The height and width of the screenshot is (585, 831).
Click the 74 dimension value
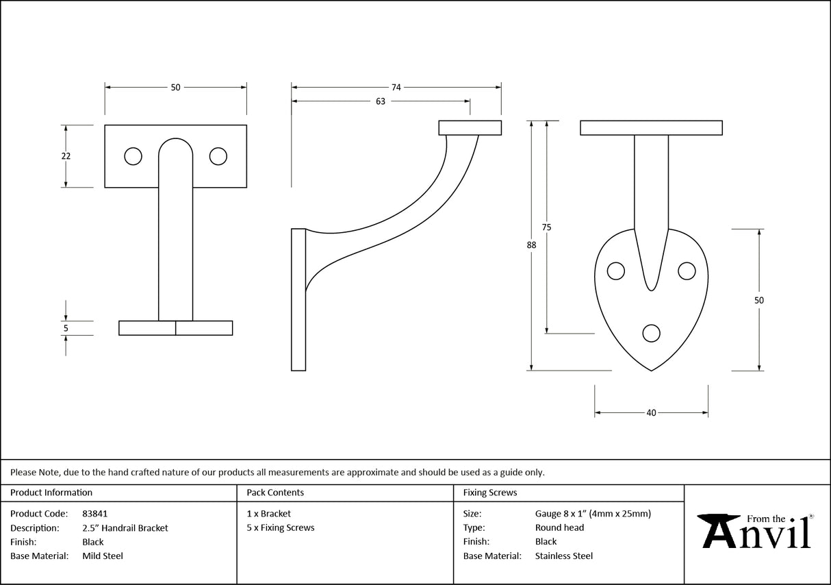coord(396,87)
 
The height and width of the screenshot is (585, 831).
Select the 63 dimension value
coord(381,101)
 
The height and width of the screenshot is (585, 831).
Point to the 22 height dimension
coord(66,156)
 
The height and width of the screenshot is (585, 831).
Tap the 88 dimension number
coord(531,245)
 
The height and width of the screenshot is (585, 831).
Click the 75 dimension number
coord(546,227)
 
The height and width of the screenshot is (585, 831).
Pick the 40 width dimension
coord(651,413)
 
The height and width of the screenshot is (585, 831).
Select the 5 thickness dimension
coord(66,328)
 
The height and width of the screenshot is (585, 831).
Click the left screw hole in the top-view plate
coord(133,157)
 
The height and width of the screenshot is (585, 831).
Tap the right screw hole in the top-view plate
coord(218,157)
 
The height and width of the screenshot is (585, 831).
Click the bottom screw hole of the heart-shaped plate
coord(652,333)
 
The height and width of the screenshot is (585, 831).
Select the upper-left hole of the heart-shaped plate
coord(616,271)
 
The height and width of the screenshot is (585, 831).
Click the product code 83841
coord(94,513)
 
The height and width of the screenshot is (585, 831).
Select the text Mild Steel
coord(103,556)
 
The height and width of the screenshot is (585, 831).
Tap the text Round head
coord(559,527)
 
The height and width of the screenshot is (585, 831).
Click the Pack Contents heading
coord(275,493)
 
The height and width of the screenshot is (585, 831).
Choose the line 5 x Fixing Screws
coord(281,527)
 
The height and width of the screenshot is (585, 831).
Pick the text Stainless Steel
coord(564,556)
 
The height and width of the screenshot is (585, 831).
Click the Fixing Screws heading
coord(490,493)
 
